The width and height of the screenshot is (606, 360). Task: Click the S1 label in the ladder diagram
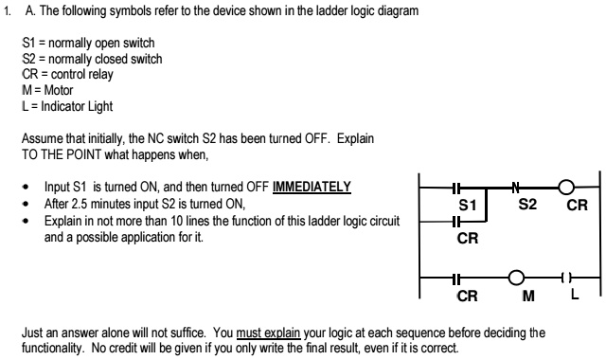tap(466, 204)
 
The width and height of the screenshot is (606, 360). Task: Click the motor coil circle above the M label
tap(517, 279)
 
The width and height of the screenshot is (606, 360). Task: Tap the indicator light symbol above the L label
tap(565, 279)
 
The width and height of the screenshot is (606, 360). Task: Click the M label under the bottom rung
tap(517, 297)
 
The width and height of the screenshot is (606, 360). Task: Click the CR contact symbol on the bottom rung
tap(456, 279)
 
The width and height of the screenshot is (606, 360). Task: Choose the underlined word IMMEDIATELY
tap(312, 187)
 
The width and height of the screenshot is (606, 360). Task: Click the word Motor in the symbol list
tap(56, 90)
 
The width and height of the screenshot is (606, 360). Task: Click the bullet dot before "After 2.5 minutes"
tap(28, 204)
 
